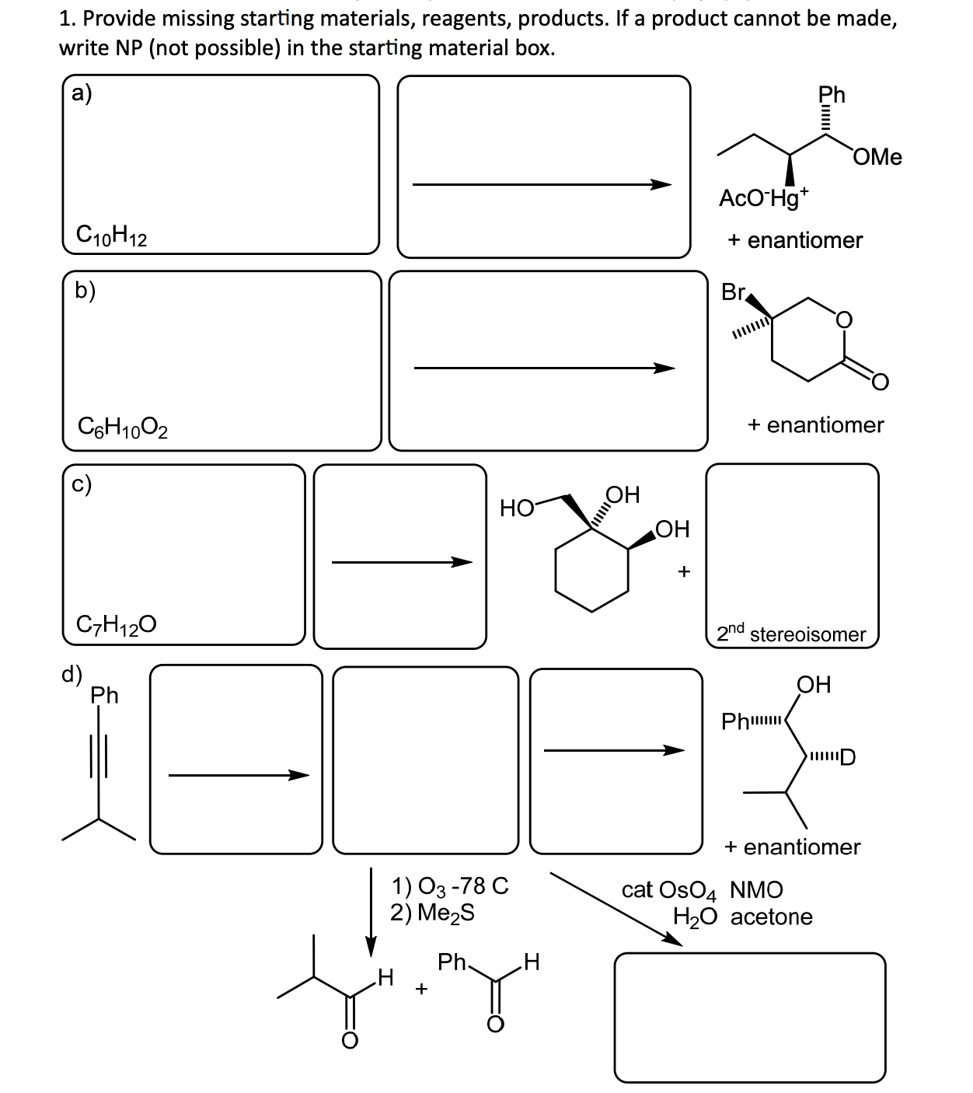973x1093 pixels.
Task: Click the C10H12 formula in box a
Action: click(x=112, y=234)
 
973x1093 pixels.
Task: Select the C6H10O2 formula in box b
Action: click(x=124, y=427)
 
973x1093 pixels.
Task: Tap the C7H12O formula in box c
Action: click(x=117, y=623)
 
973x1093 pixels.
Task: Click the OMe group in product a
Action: click(x=877, y=157)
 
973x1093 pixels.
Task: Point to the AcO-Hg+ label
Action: click(x=764, y=197)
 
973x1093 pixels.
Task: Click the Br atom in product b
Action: click(x=733, y=292)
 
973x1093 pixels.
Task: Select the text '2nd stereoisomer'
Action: click(x=791, y=633)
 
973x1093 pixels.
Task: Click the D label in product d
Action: click(x=848, y=756)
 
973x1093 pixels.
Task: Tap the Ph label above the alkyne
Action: click(x=105, y=694)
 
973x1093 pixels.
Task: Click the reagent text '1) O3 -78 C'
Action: click(x=450, y=885)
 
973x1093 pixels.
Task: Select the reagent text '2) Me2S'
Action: click(x=432, y=912)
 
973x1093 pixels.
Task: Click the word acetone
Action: click(x=771, y=917)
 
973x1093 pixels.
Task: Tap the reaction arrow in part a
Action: click(x=542, y=184)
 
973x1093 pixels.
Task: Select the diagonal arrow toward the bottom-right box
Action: click(x=614, y=909)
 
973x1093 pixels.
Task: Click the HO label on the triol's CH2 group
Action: click(x=517, y=508)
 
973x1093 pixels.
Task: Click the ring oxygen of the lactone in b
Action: click(x=843, y=320)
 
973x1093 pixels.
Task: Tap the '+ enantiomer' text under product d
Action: click(x=792, y=847)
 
